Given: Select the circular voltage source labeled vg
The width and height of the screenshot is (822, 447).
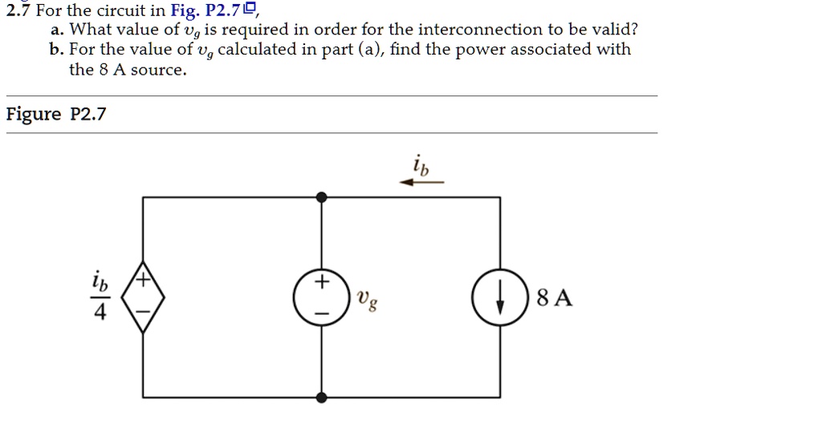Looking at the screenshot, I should pyautogui.click(x=321, y=297).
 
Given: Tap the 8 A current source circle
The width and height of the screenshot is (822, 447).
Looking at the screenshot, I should pyautogui.click(x=500, y=297).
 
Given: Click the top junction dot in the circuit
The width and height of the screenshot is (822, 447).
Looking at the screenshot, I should pyautogui.click(x=322, y=197).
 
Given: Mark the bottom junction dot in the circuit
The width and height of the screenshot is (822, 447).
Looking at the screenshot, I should pyautogui.click(x=322, y=397).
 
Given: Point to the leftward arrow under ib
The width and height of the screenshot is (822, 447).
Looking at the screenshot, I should pyautogui.click(x=421, y=182).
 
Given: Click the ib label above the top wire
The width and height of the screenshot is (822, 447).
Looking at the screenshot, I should pyautogui.click(x=421, y=166).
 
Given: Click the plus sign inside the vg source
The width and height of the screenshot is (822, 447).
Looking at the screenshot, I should pyautogui.click(x=321, y=282).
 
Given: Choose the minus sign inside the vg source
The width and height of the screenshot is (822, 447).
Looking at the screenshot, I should pyautogui.click(x=321, y=312).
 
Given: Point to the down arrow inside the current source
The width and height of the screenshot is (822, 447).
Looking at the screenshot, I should pyautogui.click(x=500, y=298).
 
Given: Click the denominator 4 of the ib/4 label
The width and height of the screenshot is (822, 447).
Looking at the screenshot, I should pyautogui.click(x=100, y=312).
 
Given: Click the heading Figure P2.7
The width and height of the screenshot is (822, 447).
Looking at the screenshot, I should pyautogui.click(x=55, y=114).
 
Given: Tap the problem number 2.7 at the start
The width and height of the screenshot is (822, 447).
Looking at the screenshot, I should pyautogui.click(x=16, y=10).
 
